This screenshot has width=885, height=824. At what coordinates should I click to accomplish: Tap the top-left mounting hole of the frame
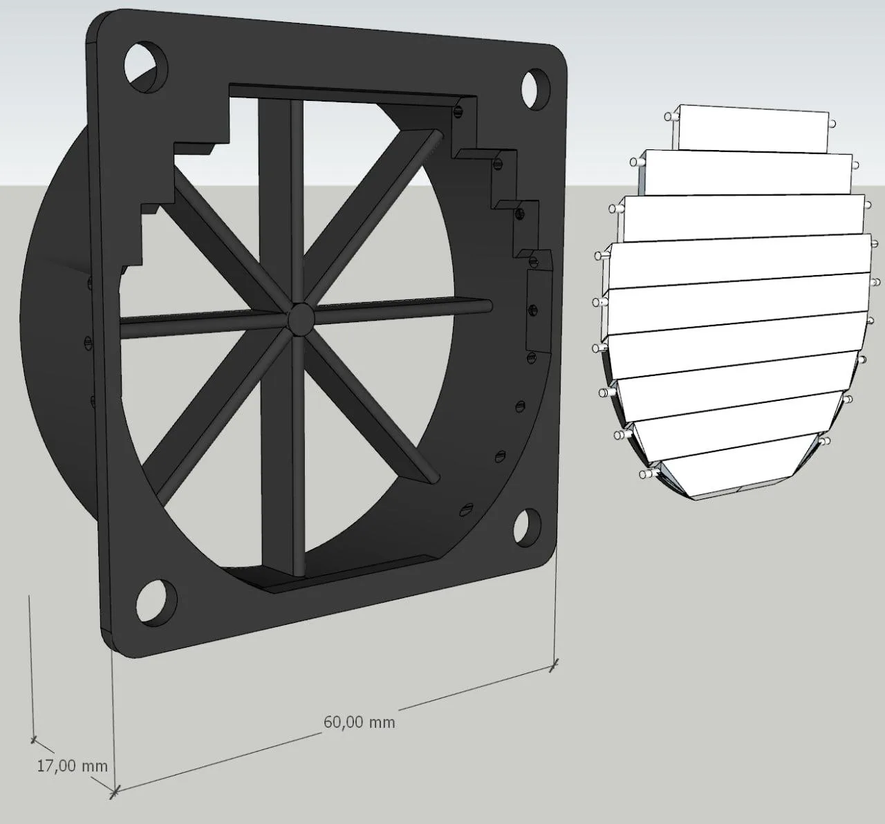tap(146, 67)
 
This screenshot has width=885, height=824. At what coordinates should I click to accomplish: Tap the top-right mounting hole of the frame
tap(536, 88)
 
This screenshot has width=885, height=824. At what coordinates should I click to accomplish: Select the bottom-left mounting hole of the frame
tap(156, 601)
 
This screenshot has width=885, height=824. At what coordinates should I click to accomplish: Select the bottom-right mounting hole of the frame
tap(528, 527)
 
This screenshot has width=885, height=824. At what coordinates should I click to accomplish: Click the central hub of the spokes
tap(301, 318)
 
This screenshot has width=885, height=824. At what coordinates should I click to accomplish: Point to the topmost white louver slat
tap(753, 128)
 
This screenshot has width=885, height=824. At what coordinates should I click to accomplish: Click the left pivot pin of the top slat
tap(671, 117)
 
